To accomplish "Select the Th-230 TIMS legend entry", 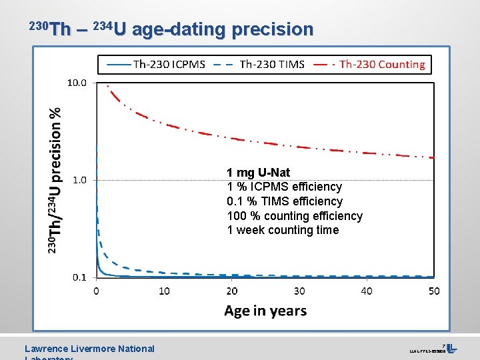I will point(260,64).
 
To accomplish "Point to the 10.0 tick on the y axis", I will point(77,83).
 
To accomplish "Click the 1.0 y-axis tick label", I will point(79,180).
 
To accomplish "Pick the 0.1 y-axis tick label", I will point(79,277).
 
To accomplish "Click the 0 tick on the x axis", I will point(97,291).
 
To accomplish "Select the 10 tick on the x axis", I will point(164,291).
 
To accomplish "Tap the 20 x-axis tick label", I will point(231,291).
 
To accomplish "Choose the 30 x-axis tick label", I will point(299,291).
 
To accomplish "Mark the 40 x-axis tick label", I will point(367,291).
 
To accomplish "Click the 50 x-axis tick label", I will point(434,291).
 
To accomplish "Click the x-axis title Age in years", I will point(265,311).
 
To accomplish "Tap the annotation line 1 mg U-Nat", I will point(259,173).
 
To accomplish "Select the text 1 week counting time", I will point(283,231).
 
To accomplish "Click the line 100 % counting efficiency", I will point(295,216).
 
